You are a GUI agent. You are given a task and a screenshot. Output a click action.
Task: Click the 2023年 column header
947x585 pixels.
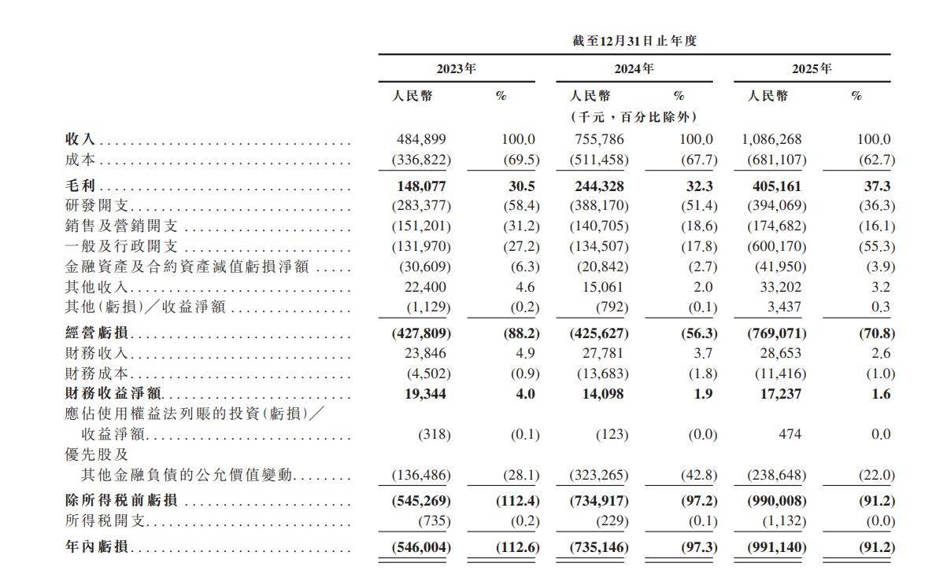pos(457,69)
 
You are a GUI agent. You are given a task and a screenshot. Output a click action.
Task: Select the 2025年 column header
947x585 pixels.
pos(812,69)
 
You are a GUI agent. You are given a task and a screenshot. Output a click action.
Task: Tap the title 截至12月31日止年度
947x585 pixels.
pos(634,41)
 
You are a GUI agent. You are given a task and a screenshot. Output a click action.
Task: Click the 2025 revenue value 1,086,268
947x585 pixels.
pos(771,139)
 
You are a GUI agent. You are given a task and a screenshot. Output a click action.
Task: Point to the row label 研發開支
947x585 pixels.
pos(98,206)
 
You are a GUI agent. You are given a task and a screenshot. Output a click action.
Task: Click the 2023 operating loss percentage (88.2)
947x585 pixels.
pos(518,333)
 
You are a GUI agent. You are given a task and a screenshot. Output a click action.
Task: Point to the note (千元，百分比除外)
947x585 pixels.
pos(634,116)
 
